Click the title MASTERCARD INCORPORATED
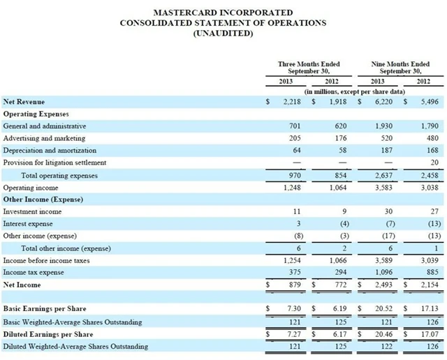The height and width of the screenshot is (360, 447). (223, 13)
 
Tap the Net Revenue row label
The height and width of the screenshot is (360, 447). (23, 101)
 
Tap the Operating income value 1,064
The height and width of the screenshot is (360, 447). (338, 188)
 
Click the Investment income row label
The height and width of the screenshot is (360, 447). (32, 211)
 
